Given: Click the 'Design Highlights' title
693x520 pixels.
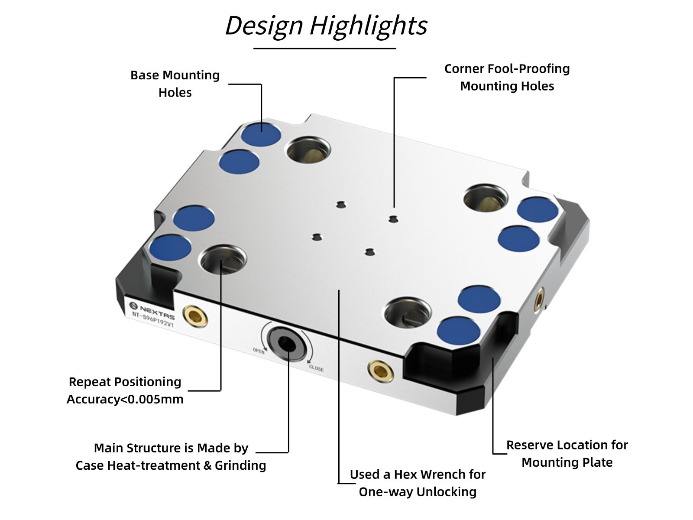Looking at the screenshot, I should point(326,26).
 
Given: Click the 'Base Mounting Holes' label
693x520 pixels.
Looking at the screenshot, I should point(175,84).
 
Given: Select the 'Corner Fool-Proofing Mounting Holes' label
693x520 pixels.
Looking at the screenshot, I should point(507,77).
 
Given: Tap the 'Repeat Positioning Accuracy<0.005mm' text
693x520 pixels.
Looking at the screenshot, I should point(125,390).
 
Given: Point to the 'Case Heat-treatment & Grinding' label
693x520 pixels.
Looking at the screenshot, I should point(171,465).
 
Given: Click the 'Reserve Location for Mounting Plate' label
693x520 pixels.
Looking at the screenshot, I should point(567,454).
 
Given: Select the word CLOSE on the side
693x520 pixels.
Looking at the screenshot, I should point(316,368).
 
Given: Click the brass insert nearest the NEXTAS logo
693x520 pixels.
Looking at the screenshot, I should point(195,316).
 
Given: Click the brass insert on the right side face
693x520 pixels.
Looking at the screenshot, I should point(539,299).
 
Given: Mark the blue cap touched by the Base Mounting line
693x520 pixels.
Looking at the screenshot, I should point(261,134).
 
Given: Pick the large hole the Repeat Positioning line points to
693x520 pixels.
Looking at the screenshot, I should point(222,259).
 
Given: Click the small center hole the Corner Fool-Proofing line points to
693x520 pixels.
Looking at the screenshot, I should point(393,219).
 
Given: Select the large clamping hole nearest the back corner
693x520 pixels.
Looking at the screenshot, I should point(308,150).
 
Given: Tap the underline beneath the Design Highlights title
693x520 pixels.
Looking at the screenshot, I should point(324,49).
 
